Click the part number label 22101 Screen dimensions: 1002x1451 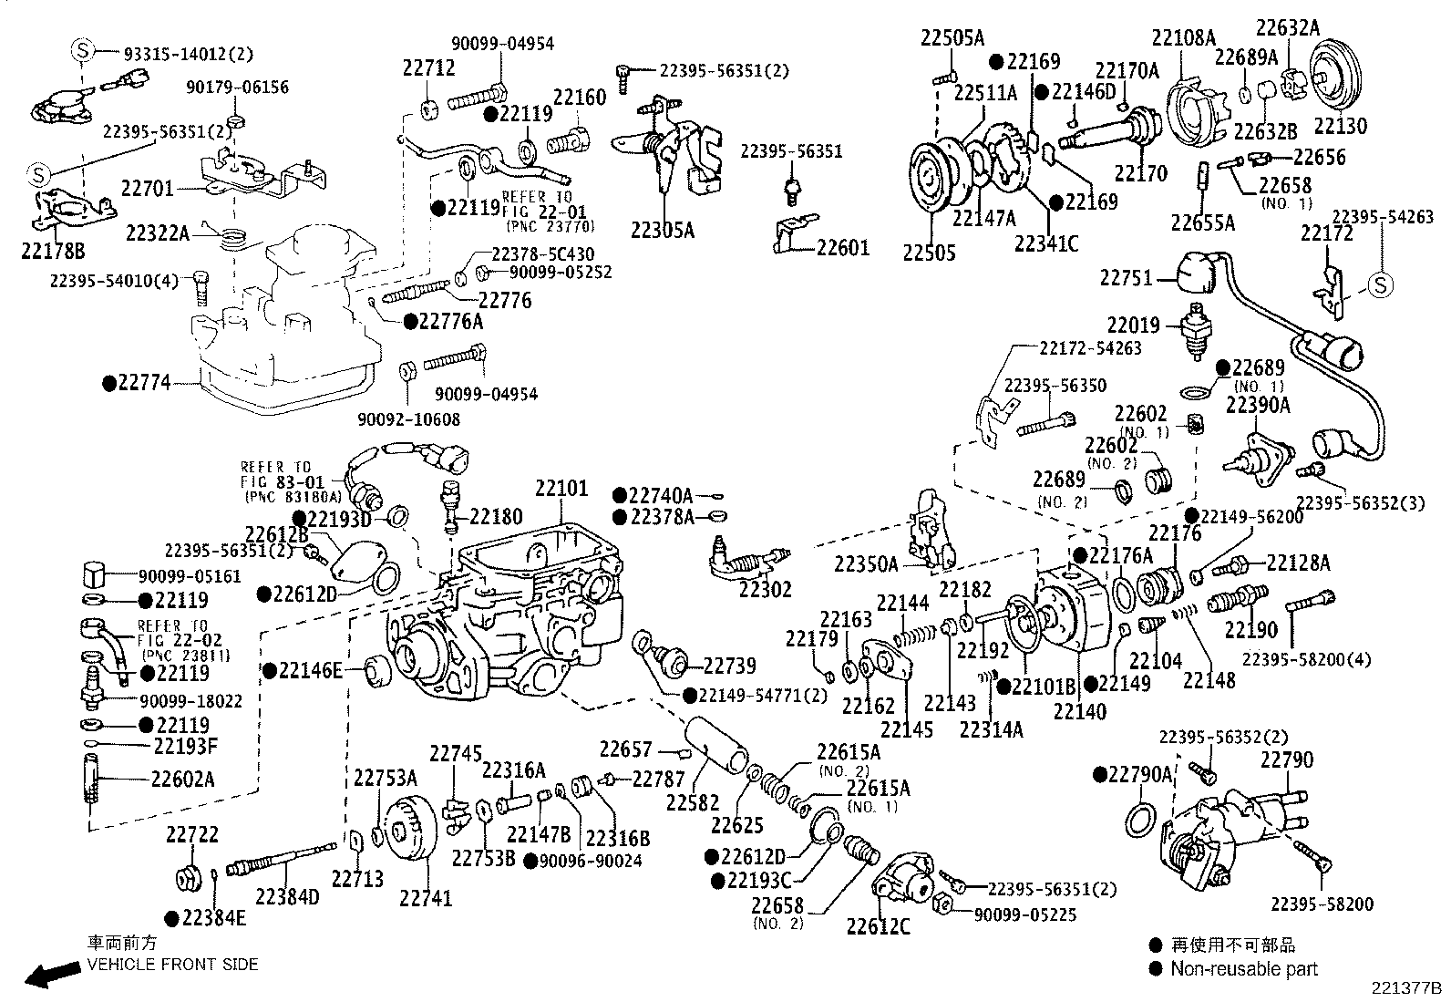561,489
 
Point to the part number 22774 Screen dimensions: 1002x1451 143,384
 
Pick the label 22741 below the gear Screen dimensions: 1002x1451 425,898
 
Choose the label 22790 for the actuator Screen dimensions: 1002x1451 1287,759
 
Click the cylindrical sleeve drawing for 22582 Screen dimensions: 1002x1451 717,741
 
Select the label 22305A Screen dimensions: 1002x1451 662,230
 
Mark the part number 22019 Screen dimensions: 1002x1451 1134,325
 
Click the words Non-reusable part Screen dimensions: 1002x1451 1244,969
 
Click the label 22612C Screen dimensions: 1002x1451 878,927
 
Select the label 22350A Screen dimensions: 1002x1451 866,565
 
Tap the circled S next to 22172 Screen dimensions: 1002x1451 1380,285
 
